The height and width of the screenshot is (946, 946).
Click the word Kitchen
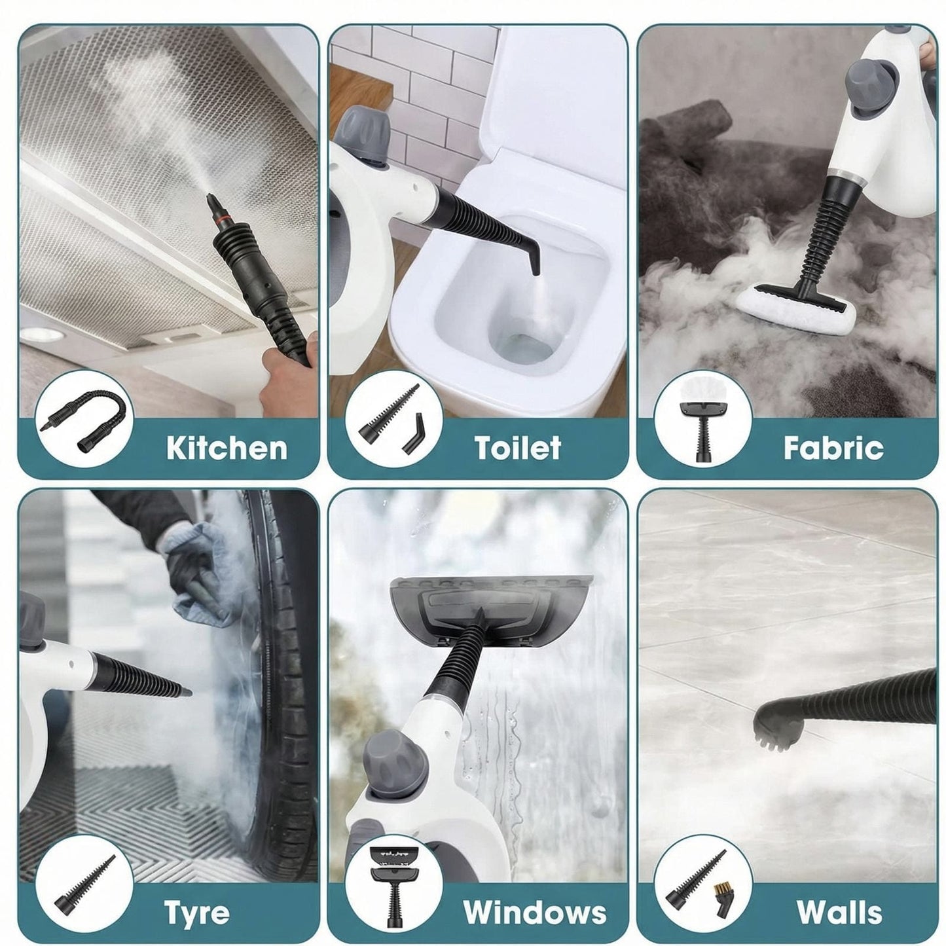click(227, 448)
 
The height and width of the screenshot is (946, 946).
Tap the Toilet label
click(517, 448)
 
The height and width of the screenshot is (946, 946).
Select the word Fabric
click(833, 448)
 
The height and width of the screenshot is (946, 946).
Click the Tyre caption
click(196, 912)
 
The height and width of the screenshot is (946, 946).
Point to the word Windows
click(535, 912)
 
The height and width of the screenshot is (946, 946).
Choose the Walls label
click(839, 912)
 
